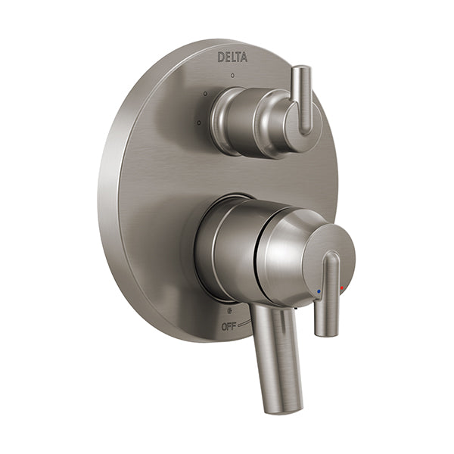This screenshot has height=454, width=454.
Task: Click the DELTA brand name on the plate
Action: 232,57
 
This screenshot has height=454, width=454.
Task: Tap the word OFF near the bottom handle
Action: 229,327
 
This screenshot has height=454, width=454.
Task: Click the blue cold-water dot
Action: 319,291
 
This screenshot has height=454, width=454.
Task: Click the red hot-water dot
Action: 342,288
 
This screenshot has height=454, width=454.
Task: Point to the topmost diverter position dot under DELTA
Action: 232,76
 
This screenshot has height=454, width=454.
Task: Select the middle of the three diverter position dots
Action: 205,94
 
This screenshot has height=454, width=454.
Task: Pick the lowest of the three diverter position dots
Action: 199,123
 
